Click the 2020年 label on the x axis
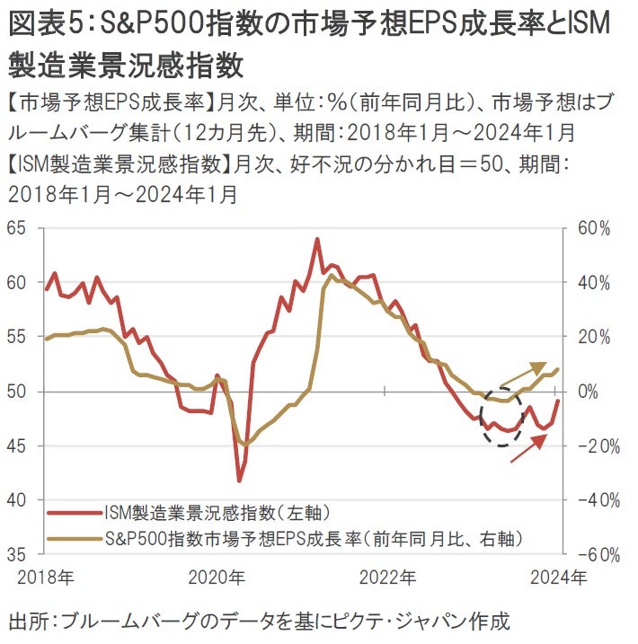[215, 576]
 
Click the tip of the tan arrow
[546, 364]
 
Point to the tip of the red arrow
[547, 434]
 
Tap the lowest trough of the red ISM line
[240, 481]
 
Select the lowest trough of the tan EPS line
[245, 445]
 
